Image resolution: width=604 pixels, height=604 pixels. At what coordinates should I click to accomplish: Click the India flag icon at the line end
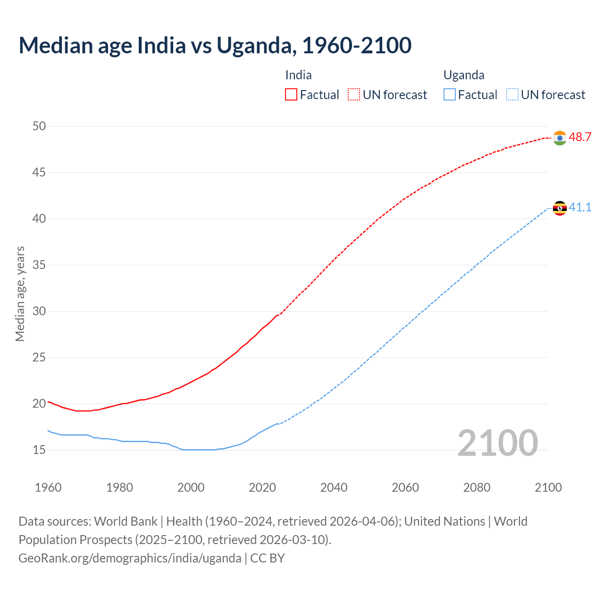point(560,138)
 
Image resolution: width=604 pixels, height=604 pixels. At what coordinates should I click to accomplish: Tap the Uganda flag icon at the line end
point(560,208)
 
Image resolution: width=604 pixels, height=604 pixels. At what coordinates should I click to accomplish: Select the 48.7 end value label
point(580,137)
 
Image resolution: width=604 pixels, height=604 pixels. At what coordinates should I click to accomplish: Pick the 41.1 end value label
point(580,208)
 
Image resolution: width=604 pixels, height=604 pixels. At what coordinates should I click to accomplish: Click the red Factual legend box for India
point(291,95)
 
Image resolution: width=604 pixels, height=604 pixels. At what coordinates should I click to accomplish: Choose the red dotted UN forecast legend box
point(354,95)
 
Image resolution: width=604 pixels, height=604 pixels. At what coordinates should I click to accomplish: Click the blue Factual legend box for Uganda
point(450,95)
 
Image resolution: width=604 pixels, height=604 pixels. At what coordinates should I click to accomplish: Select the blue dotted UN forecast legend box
point(512,95)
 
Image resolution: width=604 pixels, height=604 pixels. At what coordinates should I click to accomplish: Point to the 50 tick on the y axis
point(39,126)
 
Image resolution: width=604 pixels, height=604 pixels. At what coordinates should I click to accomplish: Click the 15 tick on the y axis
point(39,450)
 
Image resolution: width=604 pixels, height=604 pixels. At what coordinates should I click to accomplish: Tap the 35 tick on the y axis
point(39,265)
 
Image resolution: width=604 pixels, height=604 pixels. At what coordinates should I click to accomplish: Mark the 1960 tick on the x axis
point(48,487)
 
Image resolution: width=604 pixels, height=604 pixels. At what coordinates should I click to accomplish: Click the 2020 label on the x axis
point(262,487)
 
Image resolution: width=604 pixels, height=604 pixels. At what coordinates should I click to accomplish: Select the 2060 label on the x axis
point(405,487)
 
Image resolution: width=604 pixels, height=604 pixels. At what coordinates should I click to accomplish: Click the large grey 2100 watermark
point(497,443)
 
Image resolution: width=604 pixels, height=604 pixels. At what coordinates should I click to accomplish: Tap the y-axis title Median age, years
point(20,294)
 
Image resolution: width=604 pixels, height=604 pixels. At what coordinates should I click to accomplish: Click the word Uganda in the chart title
point(255,45)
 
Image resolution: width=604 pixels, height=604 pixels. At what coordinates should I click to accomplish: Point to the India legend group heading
point(298,75)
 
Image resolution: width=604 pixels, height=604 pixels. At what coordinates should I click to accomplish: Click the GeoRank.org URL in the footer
point(130,558)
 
